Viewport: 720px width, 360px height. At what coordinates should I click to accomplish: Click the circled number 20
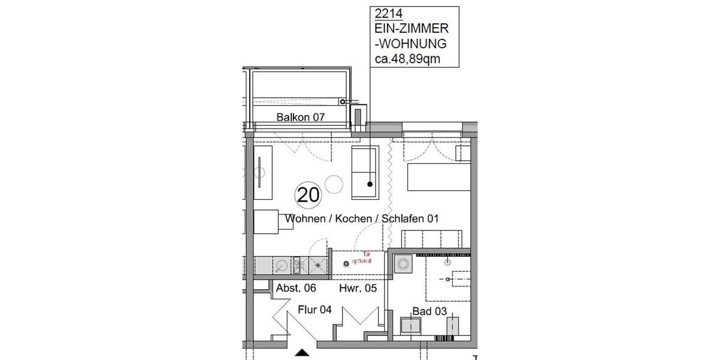coord(308,195)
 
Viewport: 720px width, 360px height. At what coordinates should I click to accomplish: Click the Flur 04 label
coord(315,310)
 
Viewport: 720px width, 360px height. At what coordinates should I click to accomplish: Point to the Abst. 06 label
coord(296,288)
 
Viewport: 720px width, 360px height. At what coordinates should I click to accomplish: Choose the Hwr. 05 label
coord(358,288)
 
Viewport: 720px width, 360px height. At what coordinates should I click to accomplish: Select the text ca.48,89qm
coord(410,58)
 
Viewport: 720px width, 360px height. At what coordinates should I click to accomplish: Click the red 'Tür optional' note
coord(362,258)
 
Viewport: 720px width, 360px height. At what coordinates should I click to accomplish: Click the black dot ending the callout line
coord(370,184)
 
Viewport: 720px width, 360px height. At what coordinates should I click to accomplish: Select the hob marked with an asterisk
coord(318,263)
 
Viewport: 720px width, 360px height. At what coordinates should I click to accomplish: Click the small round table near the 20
coord(333,183)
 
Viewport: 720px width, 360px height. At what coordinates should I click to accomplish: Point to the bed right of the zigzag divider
coord(438,178)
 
